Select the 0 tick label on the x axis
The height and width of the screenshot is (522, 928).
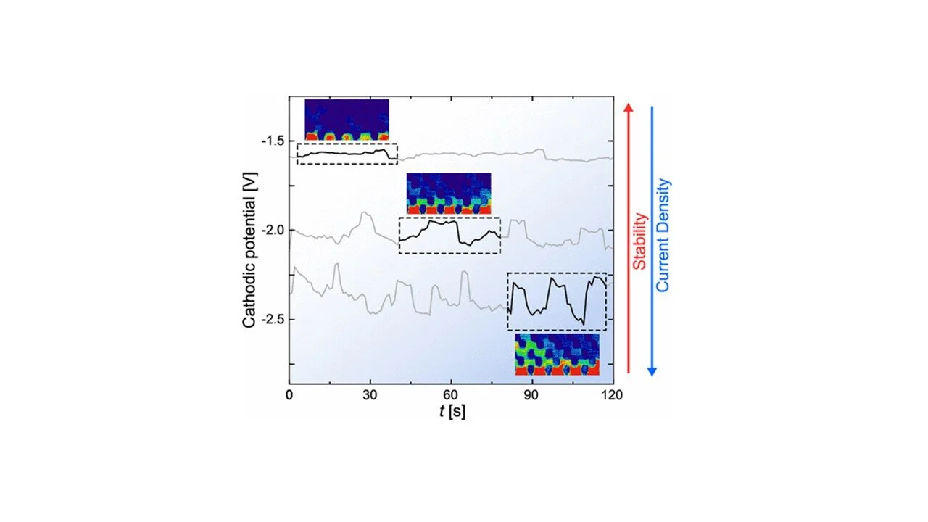point(289,394)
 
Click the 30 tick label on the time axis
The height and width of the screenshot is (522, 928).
point(370,394)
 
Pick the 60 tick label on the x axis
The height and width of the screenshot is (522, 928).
point(451,394)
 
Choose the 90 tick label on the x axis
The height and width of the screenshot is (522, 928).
point(532,394)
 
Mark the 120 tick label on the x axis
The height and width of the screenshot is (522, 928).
point(613,394)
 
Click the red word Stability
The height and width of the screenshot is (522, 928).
point(639,241)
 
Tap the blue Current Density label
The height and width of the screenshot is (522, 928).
point(663,236)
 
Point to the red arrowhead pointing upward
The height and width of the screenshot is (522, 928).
point(629,107)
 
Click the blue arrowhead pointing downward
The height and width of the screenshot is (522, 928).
point(652,371)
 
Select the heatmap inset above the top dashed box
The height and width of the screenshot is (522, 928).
point(347,120)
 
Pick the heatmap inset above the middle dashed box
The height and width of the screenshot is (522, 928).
point(449,194)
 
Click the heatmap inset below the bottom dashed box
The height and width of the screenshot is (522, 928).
point(557,354)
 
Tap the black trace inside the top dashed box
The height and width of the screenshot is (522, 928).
point(347,153)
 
